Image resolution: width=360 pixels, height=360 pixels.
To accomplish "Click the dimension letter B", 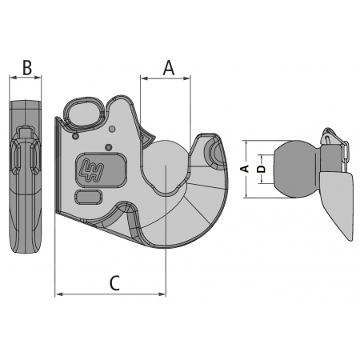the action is click(27, 67).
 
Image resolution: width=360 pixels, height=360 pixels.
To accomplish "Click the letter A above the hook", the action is click(169, 68).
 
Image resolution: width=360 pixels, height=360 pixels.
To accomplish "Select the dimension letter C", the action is click(114, 283).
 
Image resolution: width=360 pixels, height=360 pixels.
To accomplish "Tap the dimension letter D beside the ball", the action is click(262, 169).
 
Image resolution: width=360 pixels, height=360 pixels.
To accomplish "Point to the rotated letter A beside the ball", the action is click(245, 169).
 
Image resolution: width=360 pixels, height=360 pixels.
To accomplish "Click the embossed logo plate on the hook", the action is click(101, 170).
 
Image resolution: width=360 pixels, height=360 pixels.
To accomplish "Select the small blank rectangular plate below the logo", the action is click(88, 198).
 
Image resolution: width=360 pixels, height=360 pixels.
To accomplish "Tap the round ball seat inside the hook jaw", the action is click(166, 166).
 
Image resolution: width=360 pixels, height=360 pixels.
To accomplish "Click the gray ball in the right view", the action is click(293, 170).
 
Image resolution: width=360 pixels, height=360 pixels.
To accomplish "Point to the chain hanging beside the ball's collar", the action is click(345, 154).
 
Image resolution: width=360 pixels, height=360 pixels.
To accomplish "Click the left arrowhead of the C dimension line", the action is click(58, 294).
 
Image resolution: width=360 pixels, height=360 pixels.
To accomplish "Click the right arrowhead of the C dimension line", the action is click(162, 294).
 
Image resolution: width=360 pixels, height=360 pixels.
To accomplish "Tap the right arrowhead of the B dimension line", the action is click(38, 78).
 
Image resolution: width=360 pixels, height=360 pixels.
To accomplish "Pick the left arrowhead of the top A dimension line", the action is click(144, 78).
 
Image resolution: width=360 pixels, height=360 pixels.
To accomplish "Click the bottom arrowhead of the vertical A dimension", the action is click(246, 195).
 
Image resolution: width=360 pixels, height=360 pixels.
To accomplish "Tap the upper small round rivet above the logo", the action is click(112, 129).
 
